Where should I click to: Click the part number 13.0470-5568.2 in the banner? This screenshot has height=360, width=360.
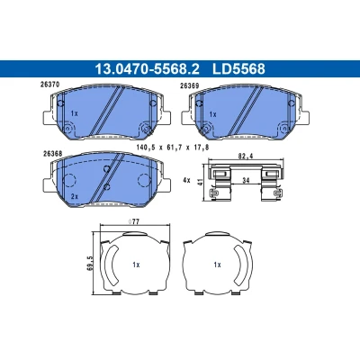coord(147,68)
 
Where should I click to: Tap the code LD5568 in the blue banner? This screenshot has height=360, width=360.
coord(238,68)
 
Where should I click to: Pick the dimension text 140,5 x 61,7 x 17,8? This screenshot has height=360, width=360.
coord(172,148)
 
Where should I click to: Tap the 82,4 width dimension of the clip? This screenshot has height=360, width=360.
coord(246,157)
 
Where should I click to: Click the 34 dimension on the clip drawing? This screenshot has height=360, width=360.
coord(246,180)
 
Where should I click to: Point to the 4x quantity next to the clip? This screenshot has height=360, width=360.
coord(186,180)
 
